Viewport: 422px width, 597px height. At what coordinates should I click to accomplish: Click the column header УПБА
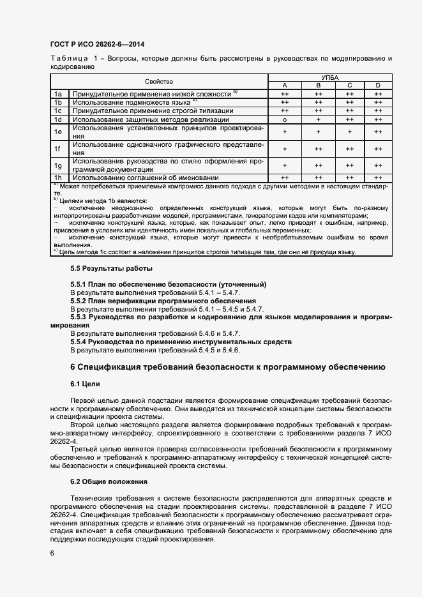point(331,77)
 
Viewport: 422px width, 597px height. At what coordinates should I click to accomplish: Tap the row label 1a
point(57,94)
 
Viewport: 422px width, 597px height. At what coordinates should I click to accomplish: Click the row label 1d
point(57,119)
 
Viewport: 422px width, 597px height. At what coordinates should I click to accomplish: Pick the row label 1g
point(57,165)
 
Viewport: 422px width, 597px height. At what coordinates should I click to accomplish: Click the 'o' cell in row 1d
point(284,119)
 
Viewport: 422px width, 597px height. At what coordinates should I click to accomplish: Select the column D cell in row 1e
point(378,132)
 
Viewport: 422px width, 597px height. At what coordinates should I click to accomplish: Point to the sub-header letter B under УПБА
point(317,86)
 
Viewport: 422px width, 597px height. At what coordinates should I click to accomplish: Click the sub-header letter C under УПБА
point(349,86)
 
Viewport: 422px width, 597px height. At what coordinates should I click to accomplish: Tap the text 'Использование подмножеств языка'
point(132,102)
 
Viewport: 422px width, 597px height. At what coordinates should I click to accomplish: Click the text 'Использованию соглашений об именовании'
point(146,178)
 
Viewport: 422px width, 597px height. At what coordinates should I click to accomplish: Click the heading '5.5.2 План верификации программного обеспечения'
point(163,300)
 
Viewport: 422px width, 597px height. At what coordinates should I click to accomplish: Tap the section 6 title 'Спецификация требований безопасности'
point(227,367)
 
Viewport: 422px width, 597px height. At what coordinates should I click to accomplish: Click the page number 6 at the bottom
point(52,553)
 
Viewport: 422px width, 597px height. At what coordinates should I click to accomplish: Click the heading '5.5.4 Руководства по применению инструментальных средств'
point(181,342)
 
